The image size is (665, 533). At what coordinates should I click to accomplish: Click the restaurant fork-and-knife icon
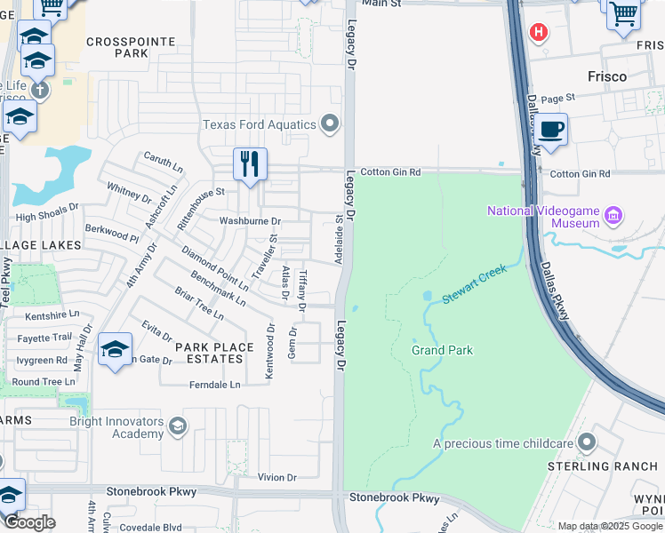(x=250, y=164)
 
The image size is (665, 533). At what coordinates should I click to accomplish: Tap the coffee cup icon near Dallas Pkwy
(x=550, y=130)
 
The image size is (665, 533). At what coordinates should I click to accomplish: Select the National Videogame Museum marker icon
(x=612, y=216)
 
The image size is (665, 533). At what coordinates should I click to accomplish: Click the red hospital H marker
(x=537, y=33)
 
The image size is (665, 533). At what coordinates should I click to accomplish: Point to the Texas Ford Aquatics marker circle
(x=331, y=124)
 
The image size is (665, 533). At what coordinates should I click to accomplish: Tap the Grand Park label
(x=442, y=350)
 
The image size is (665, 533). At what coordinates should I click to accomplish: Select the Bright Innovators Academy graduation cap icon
(x=178, y=427)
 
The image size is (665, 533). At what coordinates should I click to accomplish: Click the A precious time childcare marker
(x=586, y=442)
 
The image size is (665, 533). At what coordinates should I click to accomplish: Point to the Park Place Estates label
(x=209, y=353)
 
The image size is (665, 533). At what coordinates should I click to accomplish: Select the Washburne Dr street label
(x=251, y=221)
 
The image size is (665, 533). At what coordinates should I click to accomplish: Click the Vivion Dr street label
(x=276, y=478)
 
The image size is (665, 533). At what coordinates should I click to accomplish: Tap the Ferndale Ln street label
(x=214, y=385)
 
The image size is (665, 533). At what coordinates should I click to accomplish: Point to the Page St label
(x=558, y=98)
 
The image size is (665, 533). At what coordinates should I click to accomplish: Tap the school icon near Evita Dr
(x=116, y=350)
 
